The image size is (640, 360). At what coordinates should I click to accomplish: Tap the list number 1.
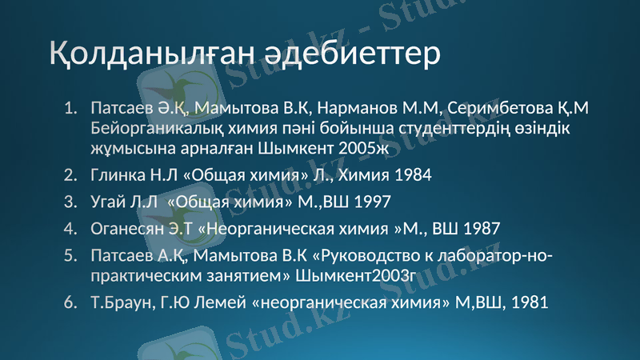(70, 107)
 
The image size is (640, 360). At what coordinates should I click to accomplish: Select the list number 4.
(70, 228)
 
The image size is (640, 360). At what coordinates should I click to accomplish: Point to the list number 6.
(70, 302)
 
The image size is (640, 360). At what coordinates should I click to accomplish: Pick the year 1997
(372, 202)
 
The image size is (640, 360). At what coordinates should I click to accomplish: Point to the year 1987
(480, 228)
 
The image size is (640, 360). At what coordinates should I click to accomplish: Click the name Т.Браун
(119, 302)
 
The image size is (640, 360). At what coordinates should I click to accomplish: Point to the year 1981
(529, 302)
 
